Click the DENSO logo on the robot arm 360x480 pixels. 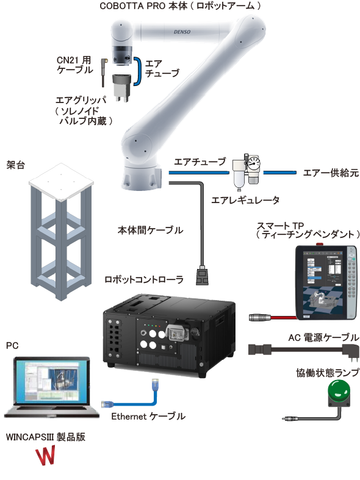click(x=182, y=32)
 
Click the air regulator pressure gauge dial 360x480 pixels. click(x=254, y=163)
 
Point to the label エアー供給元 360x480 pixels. click(x=331, y=173)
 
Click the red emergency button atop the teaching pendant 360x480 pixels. click(x=320, y=245)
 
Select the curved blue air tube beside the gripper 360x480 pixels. click(x=138, y=71)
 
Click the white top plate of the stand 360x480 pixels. click(x=61, y=182)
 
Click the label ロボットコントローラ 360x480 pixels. click(x=144, y=279)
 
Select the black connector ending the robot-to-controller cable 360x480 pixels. click(x=202, y=276)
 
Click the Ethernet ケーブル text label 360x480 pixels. click(x=148, y=417)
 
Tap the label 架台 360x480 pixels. click(x=15, y=165)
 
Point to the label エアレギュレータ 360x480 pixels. click(x=245, y=201)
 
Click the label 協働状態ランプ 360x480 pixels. click(x=327, y=373)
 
